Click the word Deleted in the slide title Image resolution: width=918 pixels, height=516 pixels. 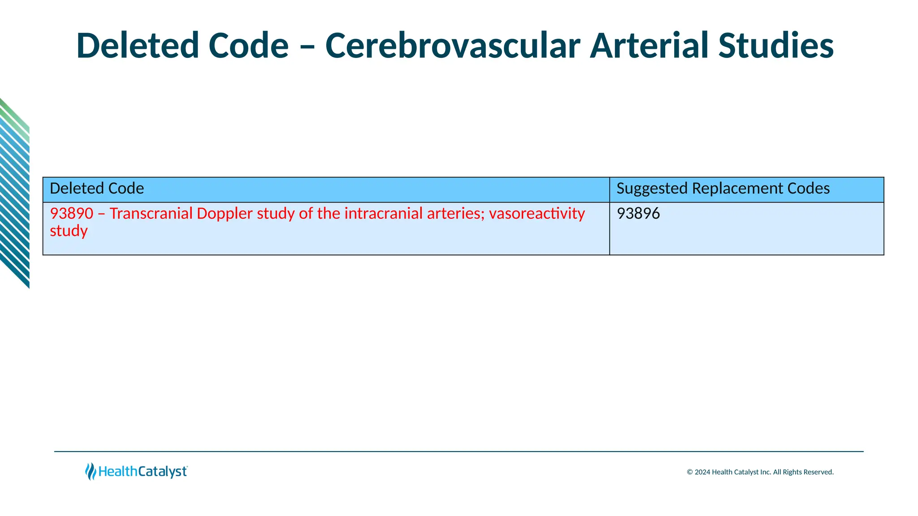pyautogui.click(x=137, y=46)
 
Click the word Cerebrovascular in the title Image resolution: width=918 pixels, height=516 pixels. pyautogui.click(x=452, y=46)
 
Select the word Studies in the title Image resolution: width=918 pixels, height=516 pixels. pyautogui.click(x=775, y=46)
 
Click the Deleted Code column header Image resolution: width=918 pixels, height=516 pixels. pyautogui.click(x=97, y=189)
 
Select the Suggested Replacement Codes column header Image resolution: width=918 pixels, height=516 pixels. pyautogui.click(x=723, y=189)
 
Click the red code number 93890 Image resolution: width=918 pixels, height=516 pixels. pyautogui.click(x=71, y=214)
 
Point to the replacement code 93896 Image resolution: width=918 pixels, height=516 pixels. pyautogui.click(x=638, y=214)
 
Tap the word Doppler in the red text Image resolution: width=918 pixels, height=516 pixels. pyautogui.click(x=225, y=214)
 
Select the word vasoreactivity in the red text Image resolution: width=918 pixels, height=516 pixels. pyautogui.click(x=537, y=214)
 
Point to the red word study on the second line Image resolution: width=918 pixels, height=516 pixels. pyautogui.click(x=69, y=231)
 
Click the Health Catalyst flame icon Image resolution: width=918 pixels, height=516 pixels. pyautogui.click(x=91, y=472)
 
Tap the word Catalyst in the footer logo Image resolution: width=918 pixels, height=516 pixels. pyautogui.click(x=162, y=472)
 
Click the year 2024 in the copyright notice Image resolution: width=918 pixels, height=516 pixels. pyautogui.click(x=702, y=472)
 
